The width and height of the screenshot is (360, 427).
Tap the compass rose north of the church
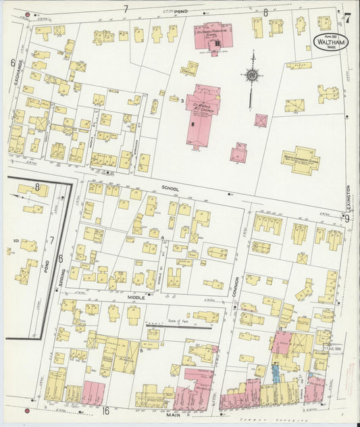click(251, 76)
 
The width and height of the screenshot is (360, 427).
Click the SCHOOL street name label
click(168, 189)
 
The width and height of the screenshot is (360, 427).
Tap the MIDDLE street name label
click(137, 297)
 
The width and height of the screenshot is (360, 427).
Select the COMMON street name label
click(237, 284)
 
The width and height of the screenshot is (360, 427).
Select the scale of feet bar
click(178, 326)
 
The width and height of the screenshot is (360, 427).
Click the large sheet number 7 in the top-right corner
click(347, 18)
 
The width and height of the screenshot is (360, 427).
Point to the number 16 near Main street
click(105, 410)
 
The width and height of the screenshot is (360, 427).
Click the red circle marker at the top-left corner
click(27, 14)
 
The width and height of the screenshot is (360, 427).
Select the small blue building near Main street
click(276, 371)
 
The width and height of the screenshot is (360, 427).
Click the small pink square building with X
click(261, 120)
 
